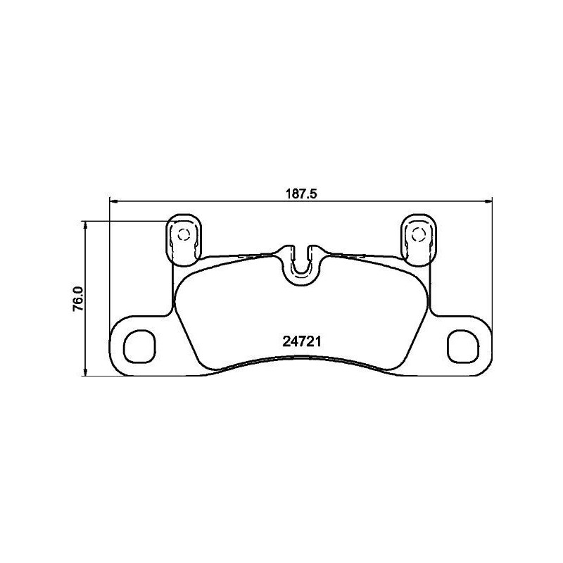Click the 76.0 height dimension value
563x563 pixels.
click(78, 299)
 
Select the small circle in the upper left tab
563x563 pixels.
click(183, 234)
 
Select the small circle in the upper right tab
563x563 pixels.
click(418, 234)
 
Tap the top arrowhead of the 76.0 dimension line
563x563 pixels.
click(85, 225)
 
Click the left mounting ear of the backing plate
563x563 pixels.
click(137, 345)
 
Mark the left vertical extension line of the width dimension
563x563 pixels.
click(109, 267)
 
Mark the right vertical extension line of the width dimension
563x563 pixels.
click(491, 267)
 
